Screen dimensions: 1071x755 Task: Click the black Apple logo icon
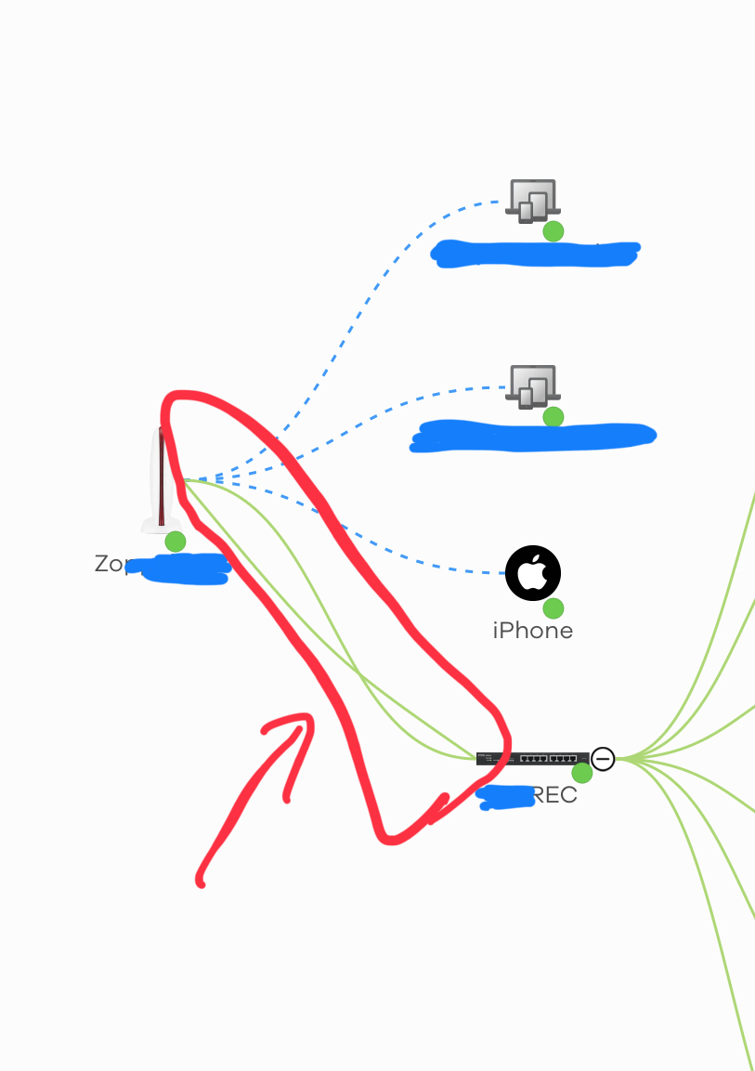tap(532, 573)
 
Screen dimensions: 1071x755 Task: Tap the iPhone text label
tap(532, 631)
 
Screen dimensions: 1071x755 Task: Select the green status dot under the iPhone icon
tap(553, 608)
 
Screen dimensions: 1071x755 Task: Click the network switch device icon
tap(532, 758)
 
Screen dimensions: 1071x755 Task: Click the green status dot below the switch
tap(582, 773)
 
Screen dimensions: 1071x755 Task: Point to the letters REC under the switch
tap(555, 796)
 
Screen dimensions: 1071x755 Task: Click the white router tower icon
tap(161, 481)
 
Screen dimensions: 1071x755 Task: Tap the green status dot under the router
tap(175, 541)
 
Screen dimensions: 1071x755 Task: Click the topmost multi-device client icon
tap(532, 200)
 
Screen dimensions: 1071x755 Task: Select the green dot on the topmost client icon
tap(553, 231)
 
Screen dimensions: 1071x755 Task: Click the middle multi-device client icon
tap(532, 385)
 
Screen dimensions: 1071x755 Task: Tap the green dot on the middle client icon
tap(553, 416)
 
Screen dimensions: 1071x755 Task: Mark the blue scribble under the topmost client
tap(536, 254)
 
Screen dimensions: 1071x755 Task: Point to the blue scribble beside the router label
tap(181, 568)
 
